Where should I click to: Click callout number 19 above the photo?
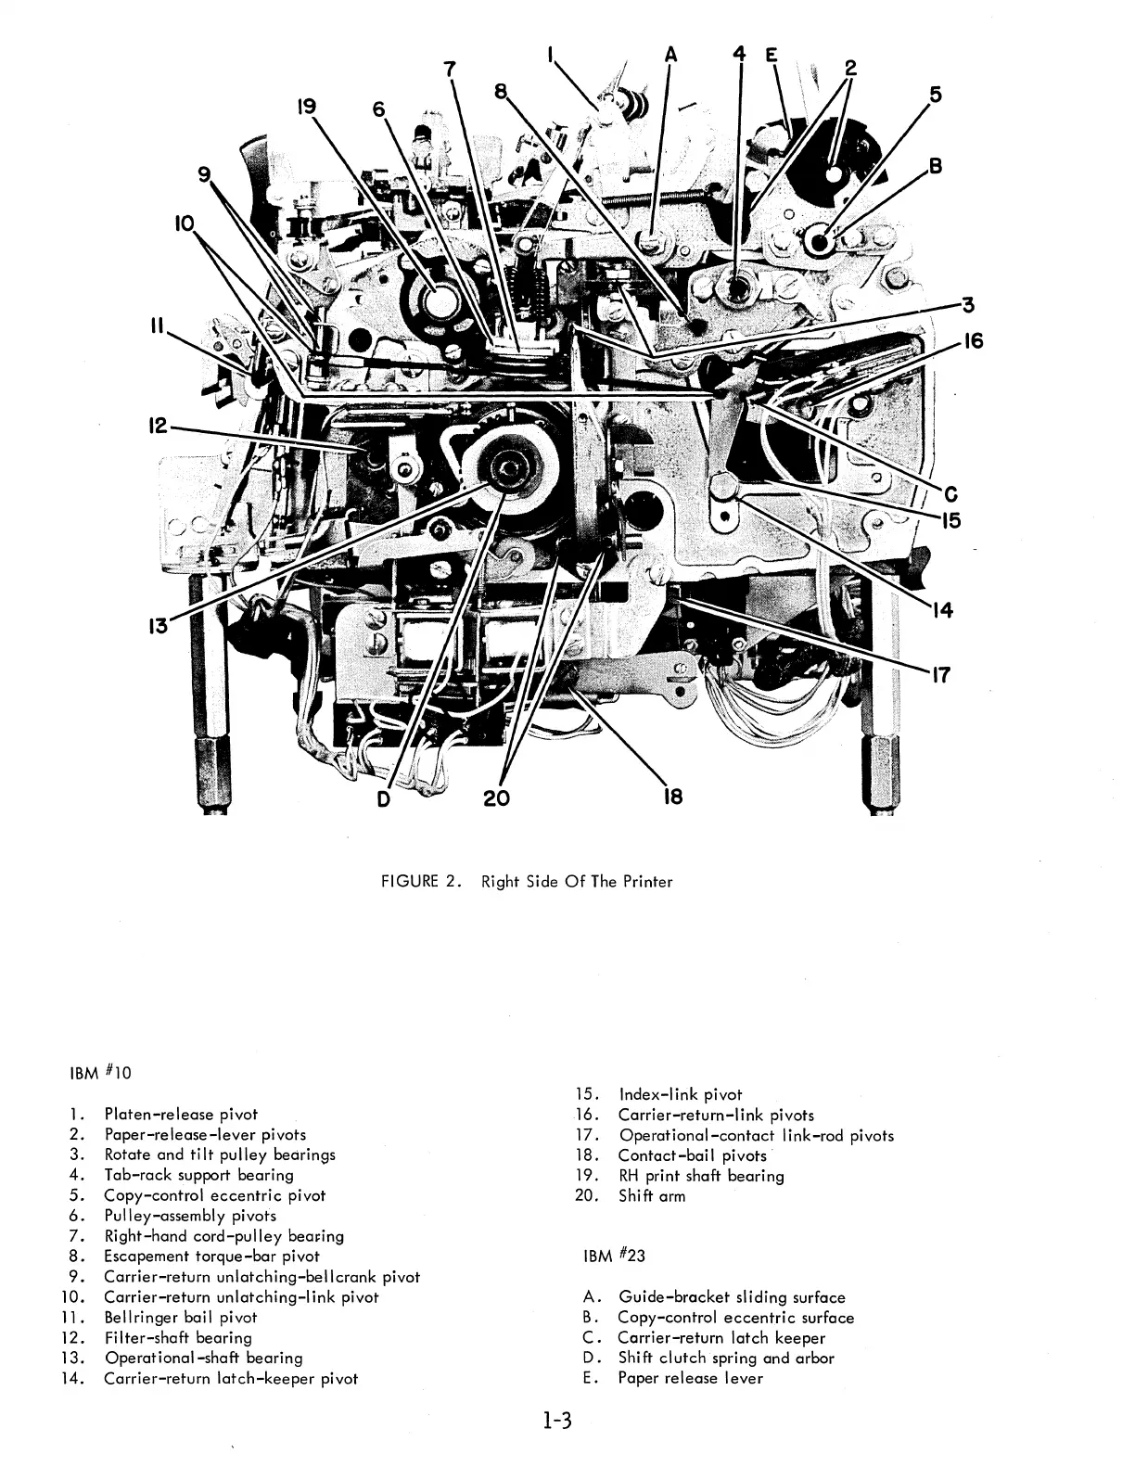tap(306, 108)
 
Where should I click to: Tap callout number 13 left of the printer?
tap(159, 627)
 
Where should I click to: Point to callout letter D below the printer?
tap(384, 797)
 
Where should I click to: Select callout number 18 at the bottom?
tap(673, 797)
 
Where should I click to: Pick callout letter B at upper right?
tap(936, 167)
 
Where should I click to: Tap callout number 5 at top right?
tap(935, 94)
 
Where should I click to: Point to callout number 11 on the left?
tap(157, 325)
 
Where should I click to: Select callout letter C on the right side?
tap(950, 493)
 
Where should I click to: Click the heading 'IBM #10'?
tap(102, 1073)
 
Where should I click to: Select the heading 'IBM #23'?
tap(616, 1256)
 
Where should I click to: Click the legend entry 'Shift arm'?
tap(652, 1195)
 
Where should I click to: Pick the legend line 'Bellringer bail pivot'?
tap(180, 1317)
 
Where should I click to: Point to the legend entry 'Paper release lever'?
tap(690, 1377)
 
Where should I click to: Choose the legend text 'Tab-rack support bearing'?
tap(198, 1175)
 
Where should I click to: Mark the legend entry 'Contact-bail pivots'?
tap(692, 1155)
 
